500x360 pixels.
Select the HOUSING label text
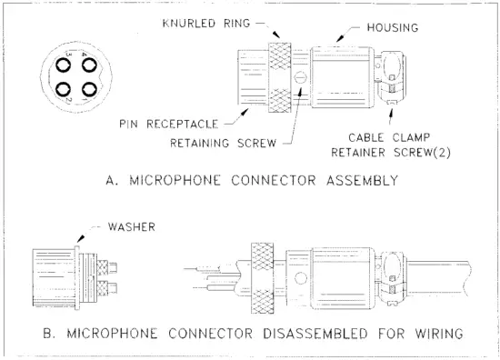pos(392,28)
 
